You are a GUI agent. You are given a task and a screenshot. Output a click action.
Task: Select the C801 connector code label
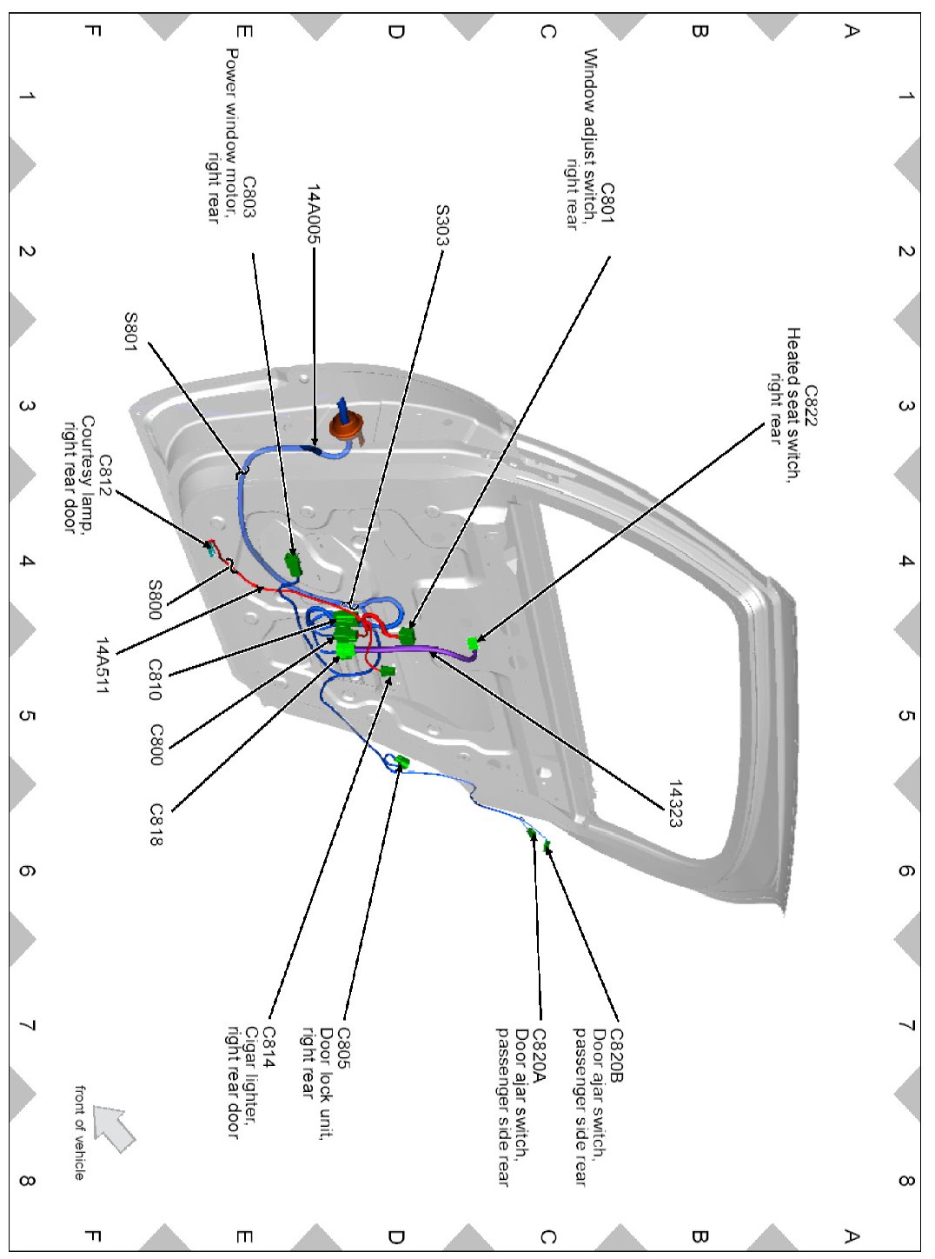607,203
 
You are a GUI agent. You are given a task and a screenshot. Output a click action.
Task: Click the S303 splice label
442,225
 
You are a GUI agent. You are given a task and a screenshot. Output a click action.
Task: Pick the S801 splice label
129,331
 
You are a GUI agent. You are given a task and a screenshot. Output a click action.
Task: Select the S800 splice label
155,599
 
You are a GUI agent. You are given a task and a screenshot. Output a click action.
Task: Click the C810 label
155,679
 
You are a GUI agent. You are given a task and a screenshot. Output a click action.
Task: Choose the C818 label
156,824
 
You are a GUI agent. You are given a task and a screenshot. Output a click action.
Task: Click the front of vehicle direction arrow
114,1127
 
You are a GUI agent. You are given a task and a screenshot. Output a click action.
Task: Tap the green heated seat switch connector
473,643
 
